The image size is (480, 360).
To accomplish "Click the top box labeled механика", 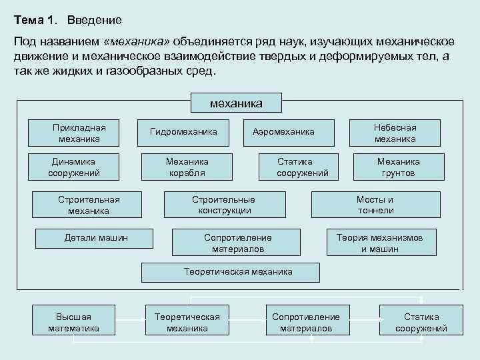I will pyautogui.click(x=236, y=103).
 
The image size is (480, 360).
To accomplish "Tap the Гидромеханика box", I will pyautogui.click(x=183, y=132).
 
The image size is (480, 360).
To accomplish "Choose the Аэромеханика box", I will pyautogui.click(x=283, y=132).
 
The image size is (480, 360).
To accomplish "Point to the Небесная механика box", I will pyautogui.click(x=395, y=133).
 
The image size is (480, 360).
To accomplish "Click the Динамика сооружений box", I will pyautogui.click(x=74, y=167).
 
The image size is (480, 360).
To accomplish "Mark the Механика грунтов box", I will pyautogui.click(x=398, y=167).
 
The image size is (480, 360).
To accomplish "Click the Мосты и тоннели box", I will pyautogui.click(x=375, y=205).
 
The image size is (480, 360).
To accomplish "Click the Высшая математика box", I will pyautogui.click(x=73, y=322).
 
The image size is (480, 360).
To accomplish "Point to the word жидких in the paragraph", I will pyautogui.click(x=71, y=70).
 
